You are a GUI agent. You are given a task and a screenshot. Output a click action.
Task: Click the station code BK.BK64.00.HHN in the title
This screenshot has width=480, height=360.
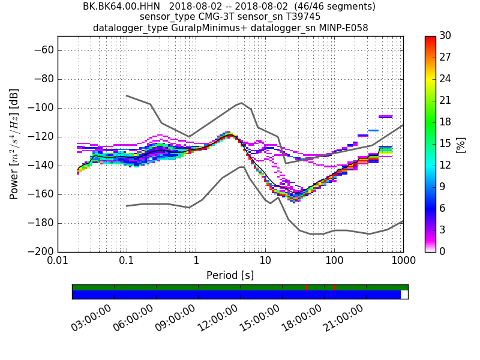[x=117, y=7]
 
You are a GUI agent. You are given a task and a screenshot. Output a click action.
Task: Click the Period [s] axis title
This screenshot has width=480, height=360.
[x=230, y=275]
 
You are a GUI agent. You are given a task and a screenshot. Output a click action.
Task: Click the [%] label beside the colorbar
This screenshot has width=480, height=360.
[x=461, y=144]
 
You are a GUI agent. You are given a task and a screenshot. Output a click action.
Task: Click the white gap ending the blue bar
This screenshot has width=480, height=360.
[x=404, y=295]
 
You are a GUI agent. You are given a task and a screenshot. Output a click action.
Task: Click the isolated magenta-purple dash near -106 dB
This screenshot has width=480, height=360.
[x=386, y=116]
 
